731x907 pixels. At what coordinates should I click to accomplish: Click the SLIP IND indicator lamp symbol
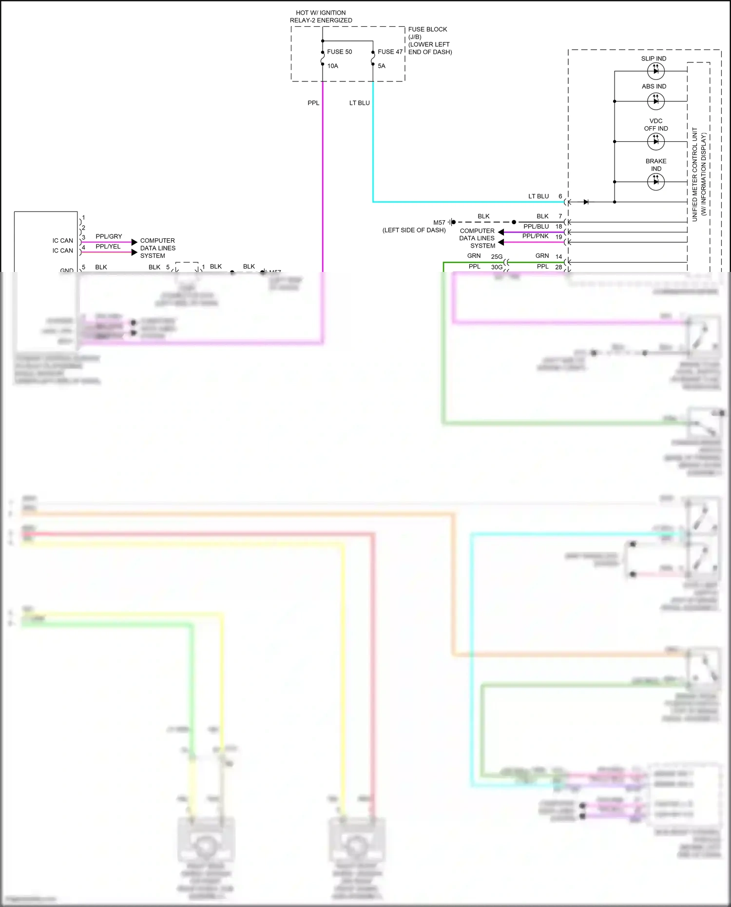655,71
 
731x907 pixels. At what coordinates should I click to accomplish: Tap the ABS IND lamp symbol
655,101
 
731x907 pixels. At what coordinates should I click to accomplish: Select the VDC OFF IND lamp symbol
655,142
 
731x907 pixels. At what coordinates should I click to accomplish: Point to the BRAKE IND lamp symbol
655,182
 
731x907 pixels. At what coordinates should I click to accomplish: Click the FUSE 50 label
339,52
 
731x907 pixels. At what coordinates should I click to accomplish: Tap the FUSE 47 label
390,52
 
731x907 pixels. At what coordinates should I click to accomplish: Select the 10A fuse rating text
332,66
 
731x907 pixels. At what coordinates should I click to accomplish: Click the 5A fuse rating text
381,66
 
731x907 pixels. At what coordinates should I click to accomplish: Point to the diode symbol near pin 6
586,202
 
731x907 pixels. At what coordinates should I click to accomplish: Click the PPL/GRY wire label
109,236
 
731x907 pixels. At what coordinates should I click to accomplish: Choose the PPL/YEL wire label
108,247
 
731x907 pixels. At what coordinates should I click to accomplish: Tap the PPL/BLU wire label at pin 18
536,226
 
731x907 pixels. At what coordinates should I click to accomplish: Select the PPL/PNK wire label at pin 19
535,236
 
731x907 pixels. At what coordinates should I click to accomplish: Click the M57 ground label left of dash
439,223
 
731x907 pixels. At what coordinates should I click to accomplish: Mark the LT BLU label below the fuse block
359,103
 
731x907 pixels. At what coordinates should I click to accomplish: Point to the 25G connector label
497,257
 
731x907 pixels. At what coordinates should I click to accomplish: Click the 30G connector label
497,267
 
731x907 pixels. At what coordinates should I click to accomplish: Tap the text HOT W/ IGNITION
321,13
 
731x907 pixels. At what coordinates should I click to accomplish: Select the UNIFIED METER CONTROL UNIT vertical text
694,174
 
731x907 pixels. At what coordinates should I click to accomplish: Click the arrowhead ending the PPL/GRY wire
135,242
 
